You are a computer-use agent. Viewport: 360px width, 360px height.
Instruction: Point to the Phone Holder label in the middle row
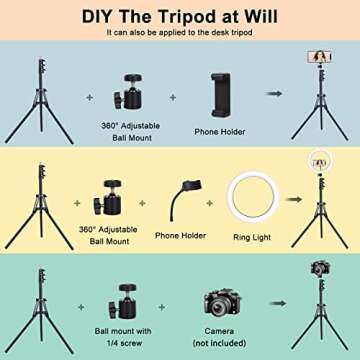181,237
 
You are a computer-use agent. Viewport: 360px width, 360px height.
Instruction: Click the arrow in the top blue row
274,93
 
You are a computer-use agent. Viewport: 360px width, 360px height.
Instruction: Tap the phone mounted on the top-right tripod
320,57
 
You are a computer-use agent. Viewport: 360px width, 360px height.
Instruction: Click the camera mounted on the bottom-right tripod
320,269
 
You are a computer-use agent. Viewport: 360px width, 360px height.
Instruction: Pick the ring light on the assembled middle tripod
320,163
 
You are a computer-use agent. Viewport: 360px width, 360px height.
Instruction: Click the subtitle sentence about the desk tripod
180,33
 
